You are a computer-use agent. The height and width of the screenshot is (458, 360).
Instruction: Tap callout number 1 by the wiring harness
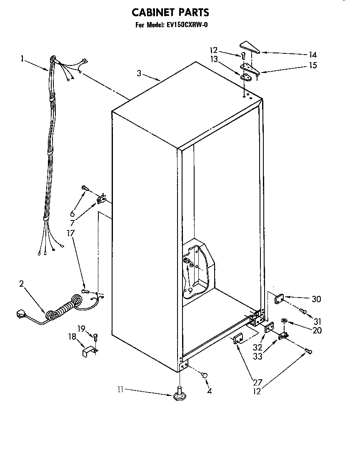22,59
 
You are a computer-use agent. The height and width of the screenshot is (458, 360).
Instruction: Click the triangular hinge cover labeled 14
250,47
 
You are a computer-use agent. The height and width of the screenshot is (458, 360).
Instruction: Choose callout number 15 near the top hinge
312,65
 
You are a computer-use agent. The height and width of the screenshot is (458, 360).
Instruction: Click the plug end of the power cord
20,313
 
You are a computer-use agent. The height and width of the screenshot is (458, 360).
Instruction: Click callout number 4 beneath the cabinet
210,391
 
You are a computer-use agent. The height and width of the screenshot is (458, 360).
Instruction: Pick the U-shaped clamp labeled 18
88,352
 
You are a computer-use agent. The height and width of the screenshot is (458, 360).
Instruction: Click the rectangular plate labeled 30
279,299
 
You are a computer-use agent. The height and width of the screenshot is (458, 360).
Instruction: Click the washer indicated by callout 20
285,320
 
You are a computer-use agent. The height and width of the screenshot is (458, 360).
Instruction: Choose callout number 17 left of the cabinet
71,233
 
